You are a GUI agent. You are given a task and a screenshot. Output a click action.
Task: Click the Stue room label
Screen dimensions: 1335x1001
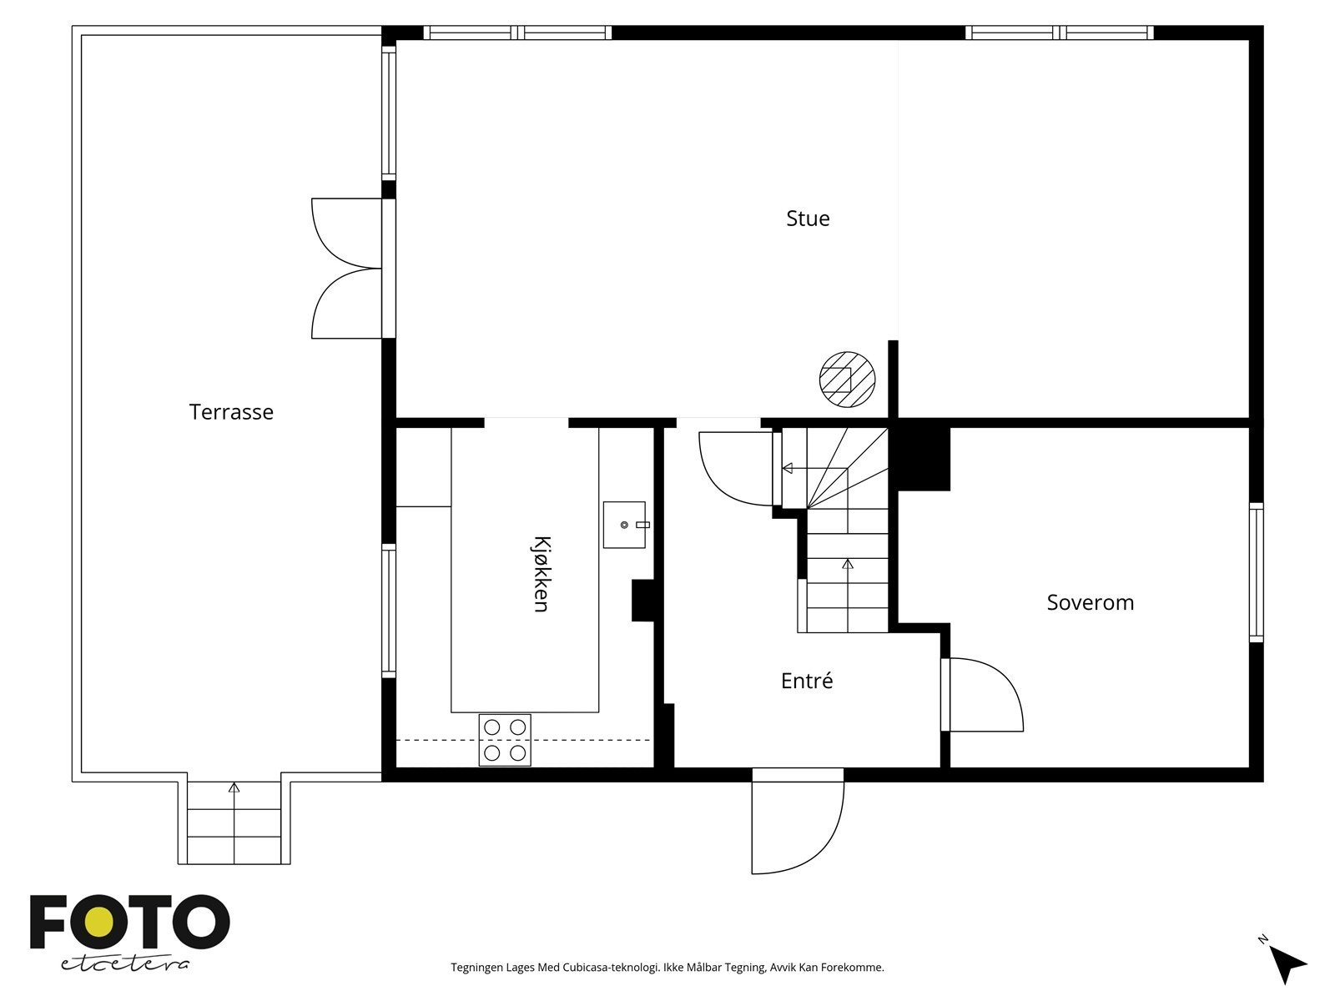click(x=807, y=219)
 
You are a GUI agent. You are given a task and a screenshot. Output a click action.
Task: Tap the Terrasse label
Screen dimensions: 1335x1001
click(x=231, y=412)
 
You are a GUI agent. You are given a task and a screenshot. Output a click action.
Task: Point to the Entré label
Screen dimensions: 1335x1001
click(x=807, y=680)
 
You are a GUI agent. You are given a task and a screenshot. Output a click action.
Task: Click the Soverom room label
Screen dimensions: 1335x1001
click(x=1090, y=602)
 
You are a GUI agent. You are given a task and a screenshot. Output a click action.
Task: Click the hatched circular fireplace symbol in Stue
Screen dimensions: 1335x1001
click(x=847, y=380)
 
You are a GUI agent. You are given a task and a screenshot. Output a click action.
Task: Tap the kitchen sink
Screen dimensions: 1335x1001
click(x=625, y=525)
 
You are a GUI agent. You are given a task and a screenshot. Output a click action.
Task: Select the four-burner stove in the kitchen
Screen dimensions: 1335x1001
click(x=504, y=740)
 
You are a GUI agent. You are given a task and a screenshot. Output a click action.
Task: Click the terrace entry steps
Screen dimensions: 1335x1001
click(x=234, y=822)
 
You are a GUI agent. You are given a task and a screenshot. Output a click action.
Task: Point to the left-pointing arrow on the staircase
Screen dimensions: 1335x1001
click(x=814, y=468)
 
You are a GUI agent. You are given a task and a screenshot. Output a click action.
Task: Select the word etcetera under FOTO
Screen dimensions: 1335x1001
click(x=124, y=964)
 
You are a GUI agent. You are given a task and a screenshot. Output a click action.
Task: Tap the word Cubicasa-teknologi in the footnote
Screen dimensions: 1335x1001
click(x=611, y=967)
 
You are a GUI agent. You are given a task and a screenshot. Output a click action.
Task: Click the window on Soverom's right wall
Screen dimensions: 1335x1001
click(x=1256, y=572)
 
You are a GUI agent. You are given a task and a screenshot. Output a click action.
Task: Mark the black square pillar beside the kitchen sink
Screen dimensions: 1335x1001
click(x=642, y=601)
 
